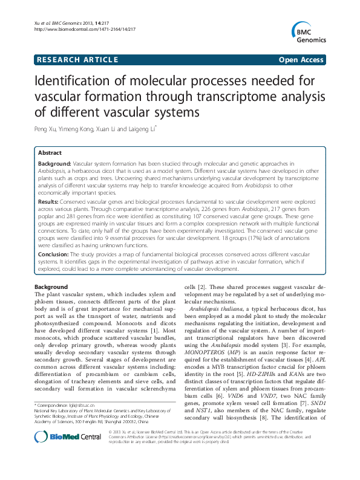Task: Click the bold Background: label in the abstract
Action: (55, 164)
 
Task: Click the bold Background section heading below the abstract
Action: (51, 287)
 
